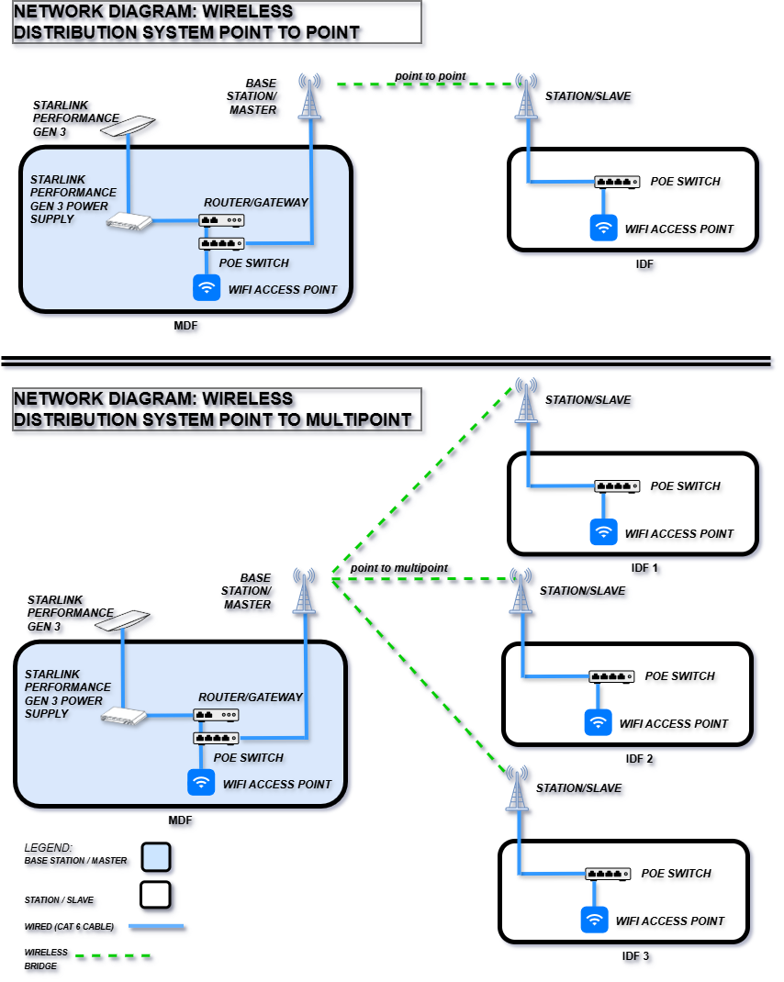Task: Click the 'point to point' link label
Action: pos(430,75)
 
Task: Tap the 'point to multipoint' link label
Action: pos(398,568)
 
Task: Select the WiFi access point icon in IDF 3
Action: pos(595,920)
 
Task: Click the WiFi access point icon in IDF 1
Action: pos(604,532)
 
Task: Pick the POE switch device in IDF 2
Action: pos(611,676)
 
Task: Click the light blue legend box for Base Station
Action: pos(156,857)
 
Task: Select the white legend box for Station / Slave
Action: pos(156,894)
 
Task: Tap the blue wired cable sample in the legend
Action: pos(156,927)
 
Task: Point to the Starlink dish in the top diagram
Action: pos(128,127)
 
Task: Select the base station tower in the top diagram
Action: pos(310,97)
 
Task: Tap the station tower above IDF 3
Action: pos(518,789)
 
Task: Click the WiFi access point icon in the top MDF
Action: pos(207,288)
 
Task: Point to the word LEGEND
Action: pos(48,846)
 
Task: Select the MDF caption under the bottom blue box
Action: pos(180,820)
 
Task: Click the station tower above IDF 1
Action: pos(526,400)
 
